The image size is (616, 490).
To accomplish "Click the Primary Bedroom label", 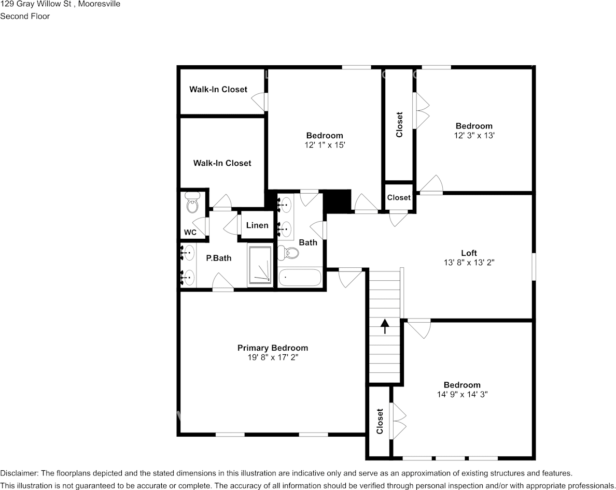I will click(272, 348).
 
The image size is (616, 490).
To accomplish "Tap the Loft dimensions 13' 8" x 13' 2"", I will click(469, 263).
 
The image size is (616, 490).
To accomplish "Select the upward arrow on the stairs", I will click(385, 326).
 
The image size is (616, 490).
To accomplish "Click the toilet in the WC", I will click(192, 204).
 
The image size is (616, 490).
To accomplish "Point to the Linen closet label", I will click(257, 225).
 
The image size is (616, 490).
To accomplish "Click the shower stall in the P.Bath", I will click(260, 265).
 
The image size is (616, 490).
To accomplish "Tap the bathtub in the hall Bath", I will click(300, 278).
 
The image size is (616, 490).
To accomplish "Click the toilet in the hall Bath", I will click(288, 253).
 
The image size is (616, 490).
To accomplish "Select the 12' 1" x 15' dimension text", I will click(325, 146).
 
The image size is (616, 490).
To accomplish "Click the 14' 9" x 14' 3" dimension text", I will click(461, 394).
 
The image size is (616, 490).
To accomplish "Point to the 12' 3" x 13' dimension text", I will click(474, 135).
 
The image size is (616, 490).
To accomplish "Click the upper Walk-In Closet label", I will click(218, 90).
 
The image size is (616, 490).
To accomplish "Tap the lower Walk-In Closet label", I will click(222, 163).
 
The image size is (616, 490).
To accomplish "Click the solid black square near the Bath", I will click(337, 201).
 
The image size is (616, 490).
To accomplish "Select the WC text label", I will click(190, 233).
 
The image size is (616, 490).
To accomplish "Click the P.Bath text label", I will click(218, 258).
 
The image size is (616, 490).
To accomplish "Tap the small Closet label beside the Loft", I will click(399, 197).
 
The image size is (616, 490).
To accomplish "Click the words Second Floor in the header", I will click(25, 16).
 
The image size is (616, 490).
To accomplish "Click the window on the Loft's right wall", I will click(534, 266).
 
